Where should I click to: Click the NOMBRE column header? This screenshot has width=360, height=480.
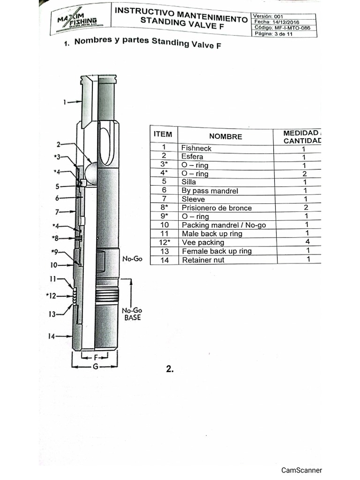point(225,136)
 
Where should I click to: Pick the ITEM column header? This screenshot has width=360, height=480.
point(163,135)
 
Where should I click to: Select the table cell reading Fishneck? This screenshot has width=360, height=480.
point(196,148)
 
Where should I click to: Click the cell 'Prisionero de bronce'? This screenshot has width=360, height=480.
point(217,208)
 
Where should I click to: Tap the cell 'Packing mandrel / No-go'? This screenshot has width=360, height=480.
point(224,225)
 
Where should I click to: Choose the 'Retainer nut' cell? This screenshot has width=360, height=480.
point(203,260)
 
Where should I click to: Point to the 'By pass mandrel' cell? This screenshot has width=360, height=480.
point(210,191)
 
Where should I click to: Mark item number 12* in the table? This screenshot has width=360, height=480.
point(164,242)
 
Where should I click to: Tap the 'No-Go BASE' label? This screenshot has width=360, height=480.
point(131,314)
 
